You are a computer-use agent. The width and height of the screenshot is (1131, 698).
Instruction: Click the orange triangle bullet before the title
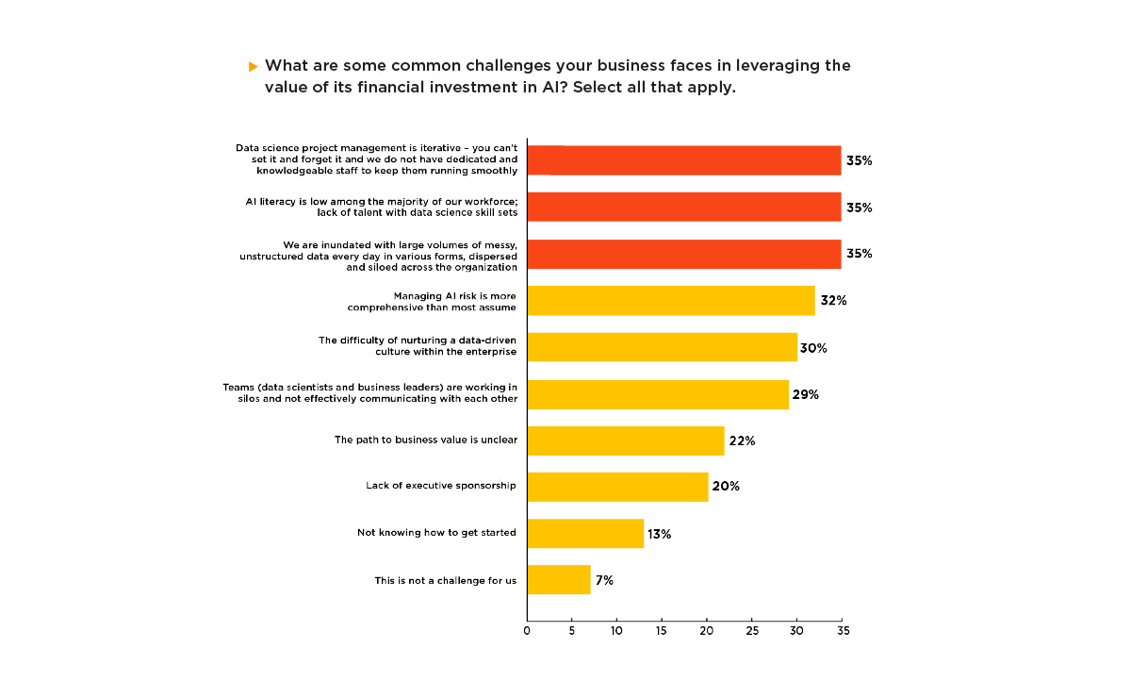click(253, 67)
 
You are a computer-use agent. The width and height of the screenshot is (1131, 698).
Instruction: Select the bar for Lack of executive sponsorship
click(617, 487)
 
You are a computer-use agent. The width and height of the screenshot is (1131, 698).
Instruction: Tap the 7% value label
click(603, 580)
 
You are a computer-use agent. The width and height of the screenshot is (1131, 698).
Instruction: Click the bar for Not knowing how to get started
click(585, 533)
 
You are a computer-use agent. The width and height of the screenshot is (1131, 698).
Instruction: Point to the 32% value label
click(833, 301)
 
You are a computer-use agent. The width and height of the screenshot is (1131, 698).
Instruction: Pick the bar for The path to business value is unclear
click(626, 440)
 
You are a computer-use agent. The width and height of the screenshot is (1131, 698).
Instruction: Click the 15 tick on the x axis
click(662, 630)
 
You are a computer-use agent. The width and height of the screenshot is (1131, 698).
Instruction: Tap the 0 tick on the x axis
click(527, 630)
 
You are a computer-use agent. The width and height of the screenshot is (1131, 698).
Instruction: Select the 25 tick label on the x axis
click(752, 630)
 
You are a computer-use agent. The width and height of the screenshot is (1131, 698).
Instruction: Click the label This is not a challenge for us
click(445, 580)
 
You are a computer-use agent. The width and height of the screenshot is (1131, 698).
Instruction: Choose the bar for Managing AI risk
click(670, 301)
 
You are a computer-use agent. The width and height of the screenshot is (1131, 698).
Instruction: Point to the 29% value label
click(806, 394)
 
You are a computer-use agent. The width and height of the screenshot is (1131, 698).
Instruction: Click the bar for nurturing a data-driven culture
click(662, 347)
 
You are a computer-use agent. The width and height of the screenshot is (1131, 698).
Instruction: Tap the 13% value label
click(659, 534)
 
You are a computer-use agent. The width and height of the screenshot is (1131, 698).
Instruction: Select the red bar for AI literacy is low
click(683, 208)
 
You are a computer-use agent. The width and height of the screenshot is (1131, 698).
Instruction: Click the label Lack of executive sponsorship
click(441, 486)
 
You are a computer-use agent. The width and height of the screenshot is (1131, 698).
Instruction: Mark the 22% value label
click(742, 440)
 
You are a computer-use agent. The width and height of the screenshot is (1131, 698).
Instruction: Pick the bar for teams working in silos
click(658, 394)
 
